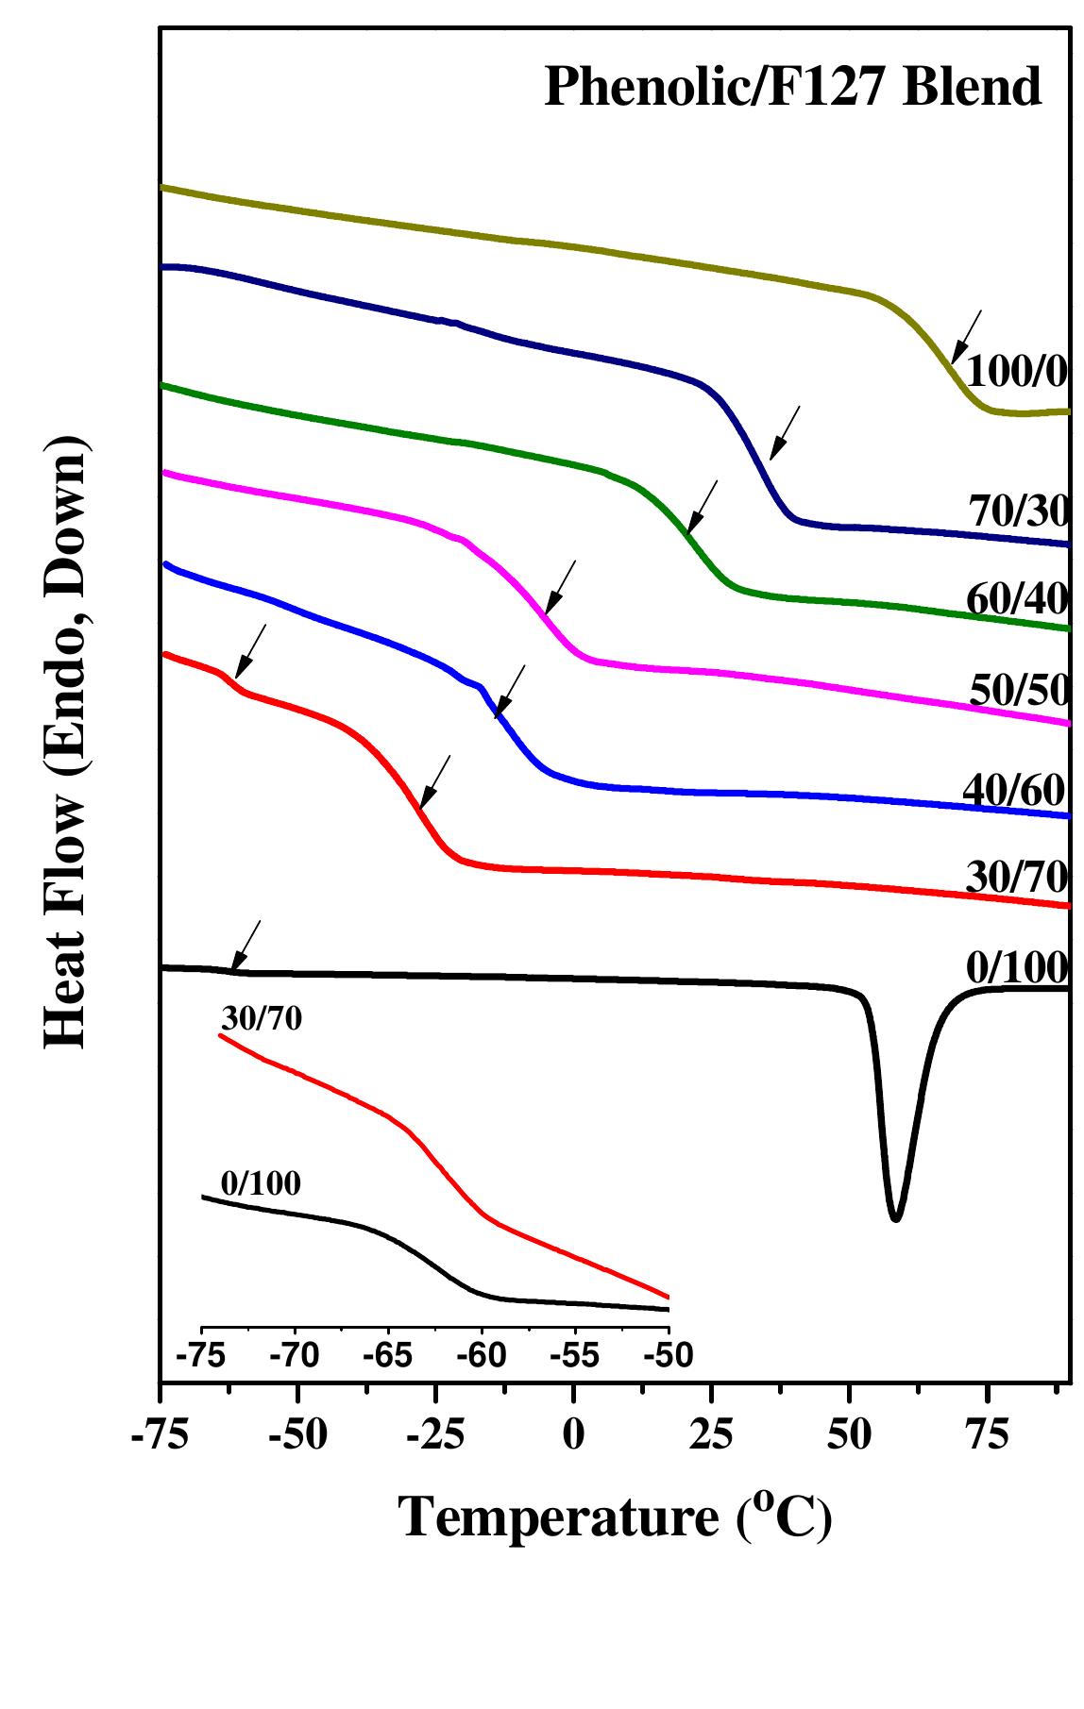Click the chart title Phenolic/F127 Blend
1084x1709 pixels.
pos(793,87)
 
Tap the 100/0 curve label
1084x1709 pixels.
pos(1017,373)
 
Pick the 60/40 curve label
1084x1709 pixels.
pos(1017,598)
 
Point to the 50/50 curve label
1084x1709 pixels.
pos(1019,692)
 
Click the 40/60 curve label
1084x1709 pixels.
pos(1014,789)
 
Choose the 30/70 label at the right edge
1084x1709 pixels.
pos(1017,878)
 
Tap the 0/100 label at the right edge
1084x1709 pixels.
pos(1017,967)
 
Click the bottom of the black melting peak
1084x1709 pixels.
pos(895,1218)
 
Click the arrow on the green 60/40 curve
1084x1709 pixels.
pos(703,506)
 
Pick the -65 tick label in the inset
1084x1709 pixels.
pos(389,1356)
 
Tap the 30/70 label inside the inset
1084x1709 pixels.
pos(262,1018)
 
